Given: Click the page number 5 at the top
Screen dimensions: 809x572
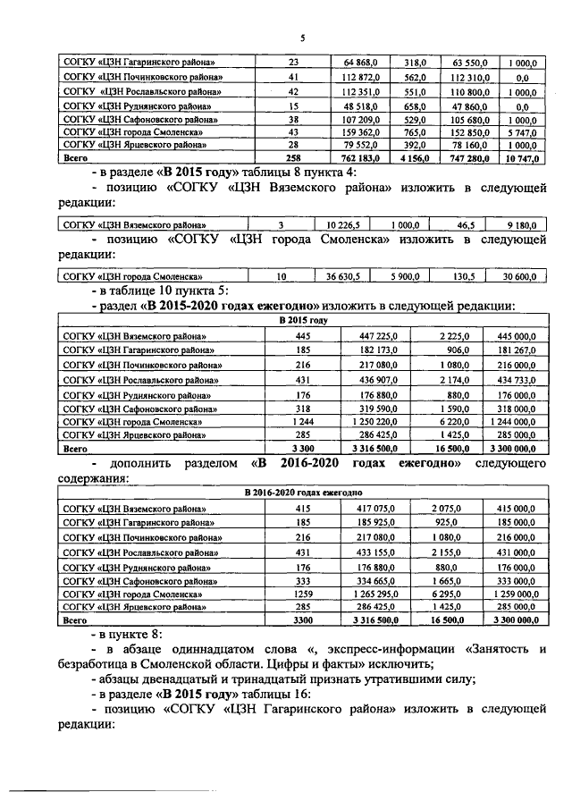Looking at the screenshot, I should coord(302,38).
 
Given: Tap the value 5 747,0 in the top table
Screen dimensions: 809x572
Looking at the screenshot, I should coord(518,131).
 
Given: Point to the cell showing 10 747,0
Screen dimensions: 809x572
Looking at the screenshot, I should coord(518,157).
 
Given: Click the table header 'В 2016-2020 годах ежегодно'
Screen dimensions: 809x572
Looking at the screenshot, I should coord(303,493).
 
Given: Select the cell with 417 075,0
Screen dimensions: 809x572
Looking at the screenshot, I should coord(366,508).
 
